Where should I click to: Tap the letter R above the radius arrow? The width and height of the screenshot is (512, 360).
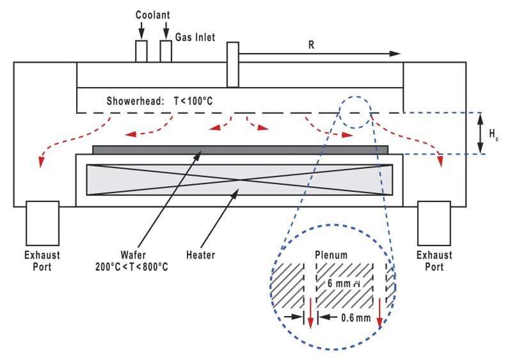coord(312,45)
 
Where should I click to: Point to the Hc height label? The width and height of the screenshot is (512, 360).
coord(493,134)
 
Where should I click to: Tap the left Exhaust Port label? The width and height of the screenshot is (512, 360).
coord(42,260)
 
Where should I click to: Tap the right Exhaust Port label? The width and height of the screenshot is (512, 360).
coord(434,260)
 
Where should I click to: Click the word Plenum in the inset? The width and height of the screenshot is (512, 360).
coord(332,254)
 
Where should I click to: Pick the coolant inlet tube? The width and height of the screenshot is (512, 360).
coord(141,51)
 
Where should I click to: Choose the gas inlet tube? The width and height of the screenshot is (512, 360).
coord(166,51)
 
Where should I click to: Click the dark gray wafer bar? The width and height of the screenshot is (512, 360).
coord(240,150)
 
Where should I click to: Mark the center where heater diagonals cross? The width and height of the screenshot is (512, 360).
coord(239,180)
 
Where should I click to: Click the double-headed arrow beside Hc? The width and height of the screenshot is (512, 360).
coord(480,134)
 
